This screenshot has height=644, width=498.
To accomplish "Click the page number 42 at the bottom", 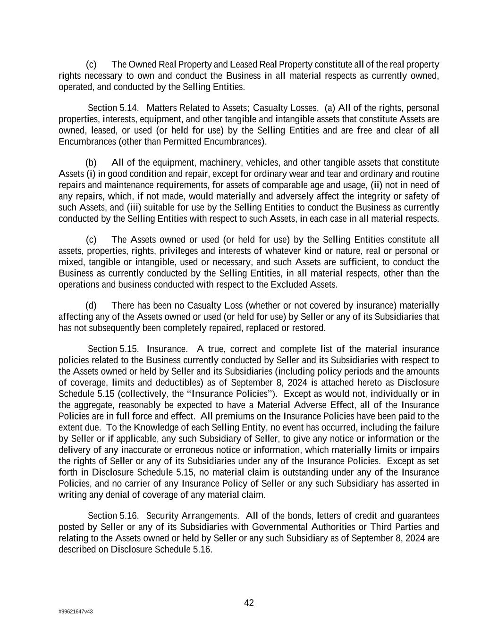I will [249, 603].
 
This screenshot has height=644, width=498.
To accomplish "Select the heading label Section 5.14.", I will [113, 108].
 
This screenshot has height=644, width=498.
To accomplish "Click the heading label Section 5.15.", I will [113, 349].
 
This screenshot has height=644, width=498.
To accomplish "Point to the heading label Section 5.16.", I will [113, 516].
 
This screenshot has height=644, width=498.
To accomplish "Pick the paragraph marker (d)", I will [91, 306].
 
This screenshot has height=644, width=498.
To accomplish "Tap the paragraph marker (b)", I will [91, 163].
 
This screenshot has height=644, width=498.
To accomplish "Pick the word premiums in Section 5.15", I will [242, 416].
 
